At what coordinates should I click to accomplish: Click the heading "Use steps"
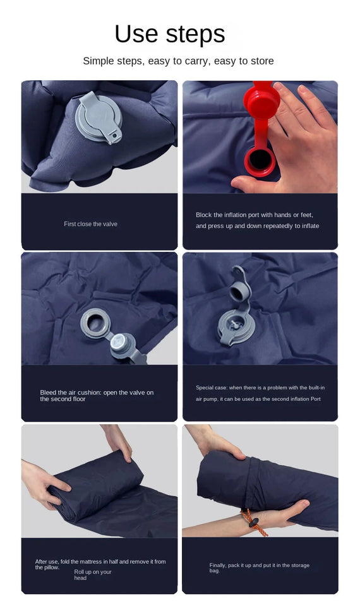[x=169, y=33]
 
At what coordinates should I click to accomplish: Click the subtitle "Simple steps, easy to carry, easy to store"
[x=178, y=61]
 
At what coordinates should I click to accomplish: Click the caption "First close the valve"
[x=90, y=224]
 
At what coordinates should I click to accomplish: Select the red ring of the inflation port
[x=260, y=162]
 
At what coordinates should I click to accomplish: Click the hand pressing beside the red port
[x=296, y=136]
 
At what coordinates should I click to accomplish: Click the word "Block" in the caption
[x=203, y=215]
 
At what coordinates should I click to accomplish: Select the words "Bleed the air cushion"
[x=71, y=393]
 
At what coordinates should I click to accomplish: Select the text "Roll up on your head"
[x=92, y=574]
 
